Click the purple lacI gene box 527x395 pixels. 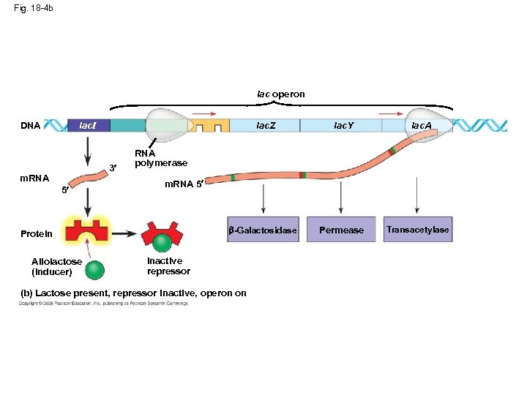pyautogui.click(x=89, y=126)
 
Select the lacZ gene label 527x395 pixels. pyautogui.click(x=266, y=126)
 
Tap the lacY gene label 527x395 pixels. pyautogui.click(x=343, y=126)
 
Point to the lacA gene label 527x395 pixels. pyautogui.click(x=421, y=126)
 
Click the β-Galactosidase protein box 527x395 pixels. pyautogui.click(x=263, y=230)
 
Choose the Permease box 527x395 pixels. pyautogui.click(x=341, y=230)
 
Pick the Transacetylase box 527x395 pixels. pyautogui.click(x=418, y=230)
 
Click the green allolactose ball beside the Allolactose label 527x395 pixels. pyautogui.click(x=94, y=270)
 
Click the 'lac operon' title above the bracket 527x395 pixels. pyautogui.click(x=280, y=94)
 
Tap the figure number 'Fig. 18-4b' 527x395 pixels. pyautogui.click(x=34, y=9)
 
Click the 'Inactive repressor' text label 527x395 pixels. pyautogui.click(x=168, y=266)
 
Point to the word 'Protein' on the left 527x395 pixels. pyautogui.click(x=37, y=234)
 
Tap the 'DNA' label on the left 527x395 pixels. pyautogui.click(x=31, y=126)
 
